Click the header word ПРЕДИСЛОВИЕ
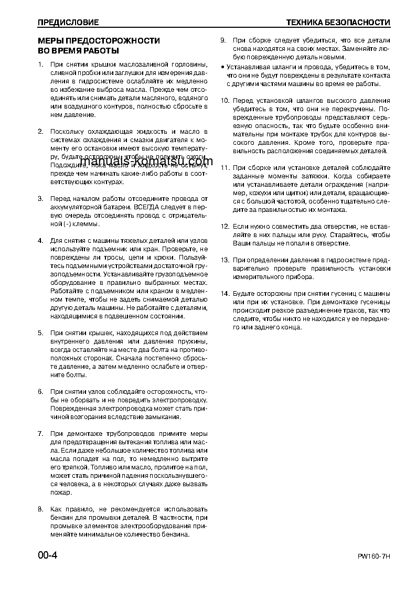tap(68, 23)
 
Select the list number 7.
tap(40, 434)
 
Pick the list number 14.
tap(225, 294)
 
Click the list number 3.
tap(40, 199)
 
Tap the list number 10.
tap(225, 101)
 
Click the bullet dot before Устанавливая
tap(222, 67)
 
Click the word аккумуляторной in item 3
tap(75, 207)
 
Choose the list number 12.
tap(225, 227)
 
